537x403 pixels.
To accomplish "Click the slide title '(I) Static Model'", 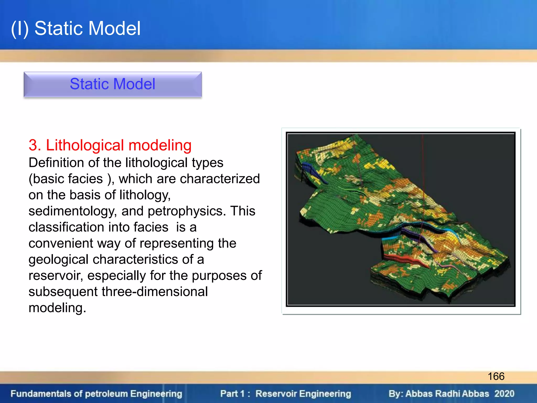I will tap(76, 28).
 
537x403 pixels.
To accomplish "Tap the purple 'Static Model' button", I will tap(112, 84).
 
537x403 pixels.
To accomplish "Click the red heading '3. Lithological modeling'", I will tap(110, 145).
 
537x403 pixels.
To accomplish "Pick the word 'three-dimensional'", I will tap(155, 292).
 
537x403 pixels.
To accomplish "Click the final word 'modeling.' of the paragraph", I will tap(57, 308).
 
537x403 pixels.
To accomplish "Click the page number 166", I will tap(496, 376).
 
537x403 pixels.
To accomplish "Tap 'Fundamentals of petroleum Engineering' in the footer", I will tap(96, 394).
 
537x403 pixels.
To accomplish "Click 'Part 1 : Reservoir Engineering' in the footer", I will tap(286, 394).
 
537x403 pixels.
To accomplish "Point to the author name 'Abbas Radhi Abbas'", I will tap(447, 394).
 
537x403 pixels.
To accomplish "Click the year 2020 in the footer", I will tap(504, 394).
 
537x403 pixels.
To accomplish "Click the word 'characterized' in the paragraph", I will tap(220, 179).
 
